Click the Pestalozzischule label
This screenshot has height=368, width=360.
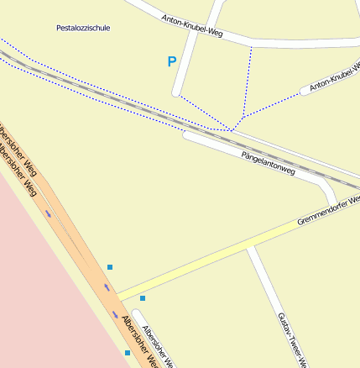pyautogui.click(x=83, y=28)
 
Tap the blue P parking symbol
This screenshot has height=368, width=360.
pyautogui.click(x=172, y=61)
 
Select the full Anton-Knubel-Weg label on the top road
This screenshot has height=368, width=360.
pyautogui.click(x=192, y=28)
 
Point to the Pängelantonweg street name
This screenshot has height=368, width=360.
pyautogui.click(x=268, y=163)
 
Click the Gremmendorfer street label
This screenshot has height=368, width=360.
pyautogui.click(x=328, y=210)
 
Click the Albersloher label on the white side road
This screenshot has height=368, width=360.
pyautogui.click(x=157, y=345)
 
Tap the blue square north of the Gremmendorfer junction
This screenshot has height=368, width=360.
pyautogui.click(x=110, y=267)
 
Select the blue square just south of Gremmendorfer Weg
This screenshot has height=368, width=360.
pyautogui.click(x=143, y=298)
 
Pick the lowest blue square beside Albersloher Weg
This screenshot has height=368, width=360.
pyautogui.click(x=128, y=353)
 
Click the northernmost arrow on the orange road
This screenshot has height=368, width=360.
pyautogui.click(x=48, y=213)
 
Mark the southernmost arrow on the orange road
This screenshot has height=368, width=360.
pyautogui.click(x=116, y=313)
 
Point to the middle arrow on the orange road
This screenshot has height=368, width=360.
pyautogui.click(x=106, y=288)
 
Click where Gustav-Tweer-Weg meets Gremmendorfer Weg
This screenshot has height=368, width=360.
pyautogui.click(x=248, y=248)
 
